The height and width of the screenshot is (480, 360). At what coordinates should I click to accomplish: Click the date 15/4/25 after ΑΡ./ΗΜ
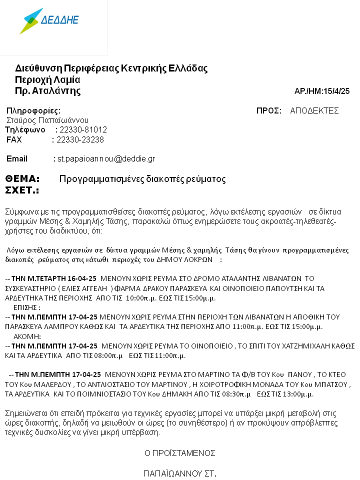pyautogui.click(x=337, y=91)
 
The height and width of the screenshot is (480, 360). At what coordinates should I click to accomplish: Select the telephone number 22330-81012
pyautogui.click(x=83, y=130)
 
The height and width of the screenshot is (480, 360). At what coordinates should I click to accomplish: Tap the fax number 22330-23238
pyautogui.click(x=80, y=140)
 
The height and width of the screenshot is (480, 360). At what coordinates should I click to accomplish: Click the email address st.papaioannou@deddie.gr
pyautogui.click(x=106, y=159)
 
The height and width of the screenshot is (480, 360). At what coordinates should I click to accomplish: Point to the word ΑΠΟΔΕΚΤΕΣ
pyautogui.click(x=314, y=111)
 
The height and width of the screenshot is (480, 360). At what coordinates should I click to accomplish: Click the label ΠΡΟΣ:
pyautogui.click(x=269, y=111)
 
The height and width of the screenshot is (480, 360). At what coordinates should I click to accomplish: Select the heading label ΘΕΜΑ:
pyautogui.click(x=22, y=179)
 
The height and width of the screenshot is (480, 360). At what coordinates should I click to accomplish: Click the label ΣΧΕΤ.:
pyautogui.click(x=22, y=190)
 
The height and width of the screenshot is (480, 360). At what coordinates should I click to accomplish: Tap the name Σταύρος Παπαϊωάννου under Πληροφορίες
pyautogui.click(x=47, y=120)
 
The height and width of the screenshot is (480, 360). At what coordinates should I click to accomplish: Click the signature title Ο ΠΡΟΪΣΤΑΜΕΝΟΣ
pyautogui.click(x=180, y=453)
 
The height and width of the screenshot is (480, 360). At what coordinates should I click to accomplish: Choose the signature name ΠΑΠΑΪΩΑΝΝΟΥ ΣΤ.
pyautogui.click(x=180, y=472)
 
